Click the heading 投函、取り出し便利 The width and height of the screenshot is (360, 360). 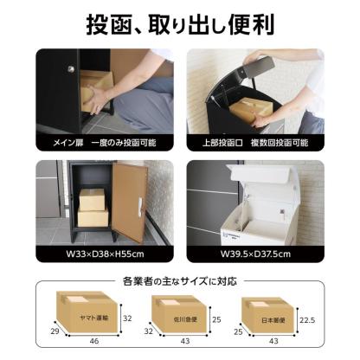(x=179, y=24)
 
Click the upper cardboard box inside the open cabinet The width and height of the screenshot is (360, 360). (x=93, y=198)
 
